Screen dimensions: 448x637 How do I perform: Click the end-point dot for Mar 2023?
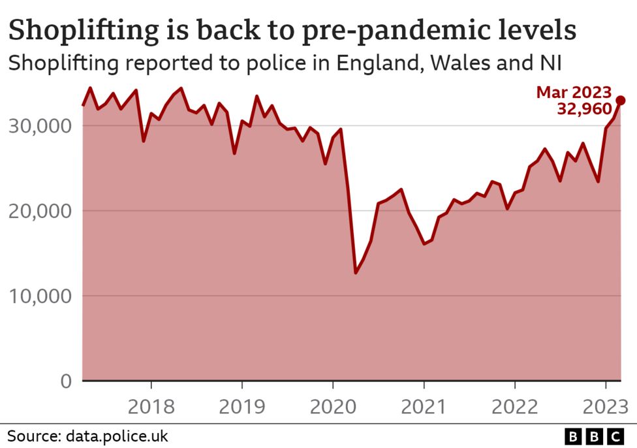(x=621, y=100)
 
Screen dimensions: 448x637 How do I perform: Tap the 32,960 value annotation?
(x=584, y=109)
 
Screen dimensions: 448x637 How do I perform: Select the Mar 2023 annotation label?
(x=574, y=92)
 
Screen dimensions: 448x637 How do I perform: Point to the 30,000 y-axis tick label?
(x=40, y=125)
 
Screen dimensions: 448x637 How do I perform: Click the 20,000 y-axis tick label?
(x=40, y=210)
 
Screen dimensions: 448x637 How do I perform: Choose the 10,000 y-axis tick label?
(x=40, y=296)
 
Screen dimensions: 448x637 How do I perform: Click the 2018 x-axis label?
(x=151, y=406)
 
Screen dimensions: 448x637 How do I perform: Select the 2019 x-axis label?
(x=242, y=406)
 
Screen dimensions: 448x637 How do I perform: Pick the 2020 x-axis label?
(x=333, y=406)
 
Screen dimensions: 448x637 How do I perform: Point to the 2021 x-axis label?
(x=424, y=406)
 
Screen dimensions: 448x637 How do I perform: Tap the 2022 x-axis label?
(x=515, y=406)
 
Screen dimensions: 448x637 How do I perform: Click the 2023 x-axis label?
(x=604, y=406)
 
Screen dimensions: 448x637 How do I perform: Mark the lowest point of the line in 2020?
(x=356, y=272)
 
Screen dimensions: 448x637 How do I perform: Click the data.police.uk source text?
(x=115, y=436)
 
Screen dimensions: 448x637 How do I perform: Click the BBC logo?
(x=593, y=436)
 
